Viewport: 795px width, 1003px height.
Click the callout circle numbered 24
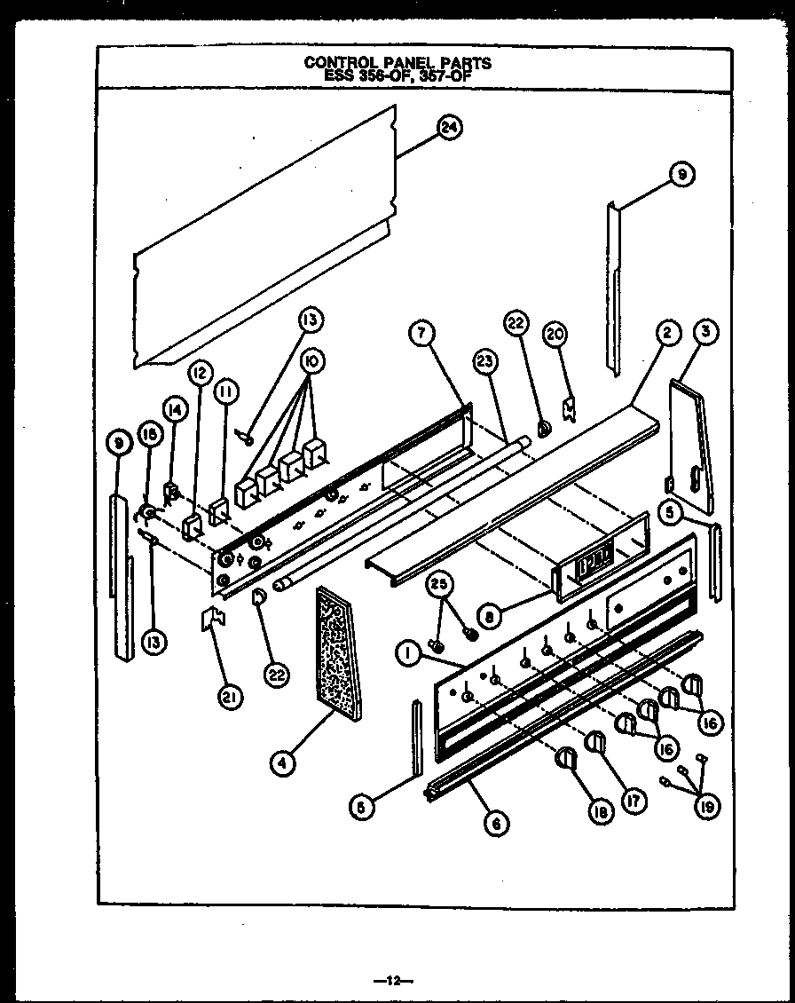point(451,128)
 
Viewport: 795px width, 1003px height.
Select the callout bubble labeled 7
point(422,335)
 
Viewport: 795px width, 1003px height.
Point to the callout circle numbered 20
point(555,335)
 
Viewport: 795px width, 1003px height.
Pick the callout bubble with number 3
point(707,334)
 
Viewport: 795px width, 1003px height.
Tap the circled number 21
point(230,699)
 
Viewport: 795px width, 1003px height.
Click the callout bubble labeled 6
point(497,823)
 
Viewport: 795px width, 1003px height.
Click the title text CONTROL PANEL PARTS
point(397,63)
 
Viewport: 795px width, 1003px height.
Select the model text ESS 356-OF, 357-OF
point(397,75)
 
